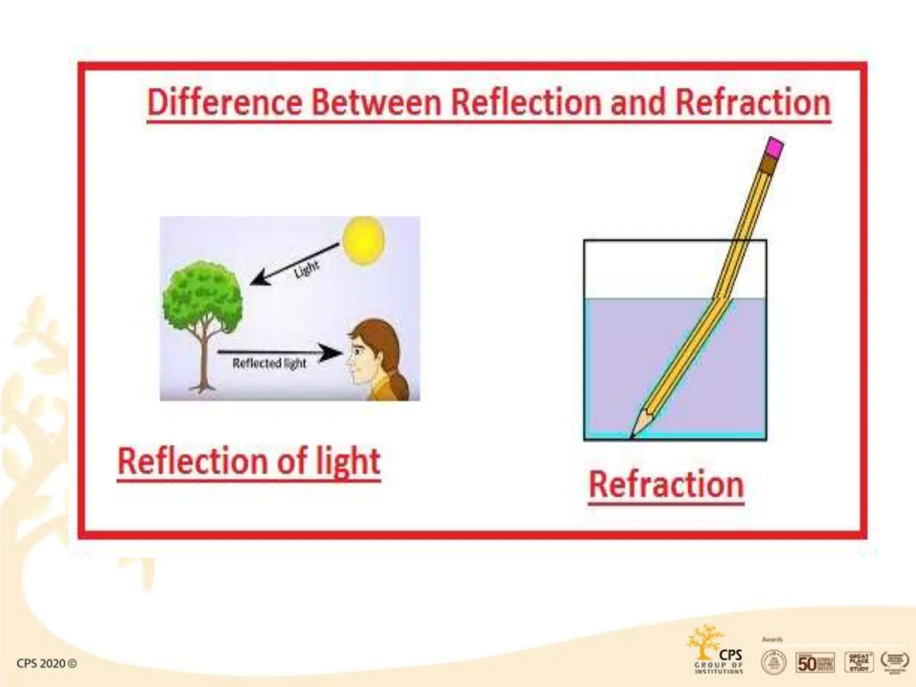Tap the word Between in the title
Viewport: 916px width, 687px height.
377,102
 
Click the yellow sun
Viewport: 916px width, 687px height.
363,240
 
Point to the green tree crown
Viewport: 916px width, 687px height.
202,293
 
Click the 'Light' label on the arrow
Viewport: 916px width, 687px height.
306,268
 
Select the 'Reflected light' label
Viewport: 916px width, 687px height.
269,363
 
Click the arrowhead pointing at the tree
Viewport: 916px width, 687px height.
259,278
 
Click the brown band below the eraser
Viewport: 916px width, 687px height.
769,165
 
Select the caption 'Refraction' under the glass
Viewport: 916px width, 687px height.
666,485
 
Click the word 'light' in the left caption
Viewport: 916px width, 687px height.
348,462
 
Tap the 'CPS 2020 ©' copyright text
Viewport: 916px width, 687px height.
47,663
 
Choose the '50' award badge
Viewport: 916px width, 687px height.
815,662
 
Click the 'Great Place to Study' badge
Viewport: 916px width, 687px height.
859,662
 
